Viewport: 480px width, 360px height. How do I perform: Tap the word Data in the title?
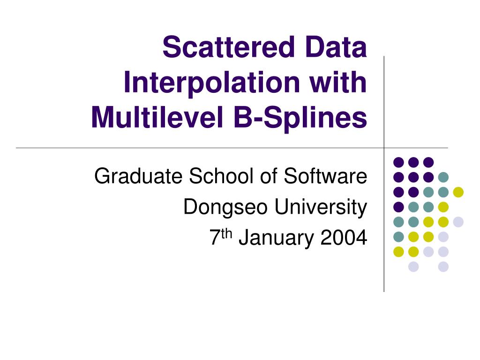333,48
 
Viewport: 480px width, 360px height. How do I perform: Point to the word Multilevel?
157,117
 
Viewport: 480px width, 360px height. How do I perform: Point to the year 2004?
344,238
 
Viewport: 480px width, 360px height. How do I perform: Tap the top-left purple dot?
398,162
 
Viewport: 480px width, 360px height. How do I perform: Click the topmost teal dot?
443,177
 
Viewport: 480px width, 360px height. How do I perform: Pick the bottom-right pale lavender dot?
443,267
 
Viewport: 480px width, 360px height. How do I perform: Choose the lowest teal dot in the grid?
398,237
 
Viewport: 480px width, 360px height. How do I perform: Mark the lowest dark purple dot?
398,207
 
